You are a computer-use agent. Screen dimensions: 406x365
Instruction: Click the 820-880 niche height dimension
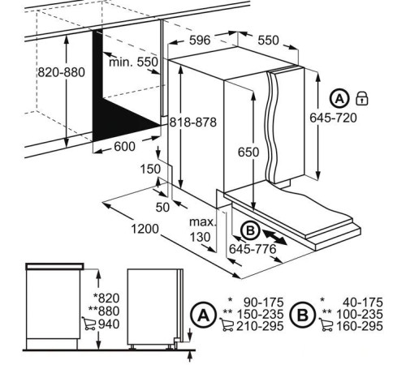[61, 72]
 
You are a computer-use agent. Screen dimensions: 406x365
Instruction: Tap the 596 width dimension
[200, 41]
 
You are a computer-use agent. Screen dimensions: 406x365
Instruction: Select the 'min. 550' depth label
[133, 62]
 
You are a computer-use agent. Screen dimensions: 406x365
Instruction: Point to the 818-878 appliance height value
[193, 122]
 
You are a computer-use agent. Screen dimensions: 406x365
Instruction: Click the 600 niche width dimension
[124, 147]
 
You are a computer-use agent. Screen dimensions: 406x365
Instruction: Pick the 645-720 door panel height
[333, 118]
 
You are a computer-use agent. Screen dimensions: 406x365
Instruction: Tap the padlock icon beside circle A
[362, 98]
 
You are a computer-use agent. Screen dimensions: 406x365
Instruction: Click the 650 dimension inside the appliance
[248, 152]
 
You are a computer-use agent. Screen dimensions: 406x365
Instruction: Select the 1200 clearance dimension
[145, 229]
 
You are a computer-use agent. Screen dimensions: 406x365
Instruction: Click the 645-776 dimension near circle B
[253, 249]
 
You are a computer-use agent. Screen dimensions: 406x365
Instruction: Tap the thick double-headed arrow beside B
[274, 238]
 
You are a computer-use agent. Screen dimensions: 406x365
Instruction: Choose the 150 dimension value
[150, 170]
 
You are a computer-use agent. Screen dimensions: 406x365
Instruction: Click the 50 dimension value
[162, 208]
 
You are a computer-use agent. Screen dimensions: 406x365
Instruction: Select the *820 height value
[106, 298]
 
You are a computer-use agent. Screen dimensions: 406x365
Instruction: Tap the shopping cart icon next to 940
[89, 324]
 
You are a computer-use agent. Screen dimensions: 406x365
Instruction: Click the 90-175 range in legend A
[264, 303]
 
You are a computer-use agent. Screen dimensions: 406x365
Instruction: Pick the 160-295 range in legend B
[360, 326]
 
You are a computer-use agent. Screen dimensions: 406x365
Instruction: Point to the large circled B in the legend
[303, 315]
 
